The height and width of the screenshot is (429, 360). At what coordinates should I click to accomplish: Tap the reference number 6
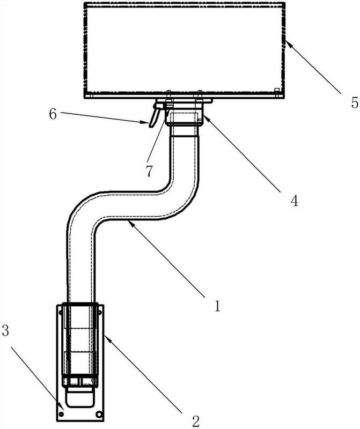(53, 114)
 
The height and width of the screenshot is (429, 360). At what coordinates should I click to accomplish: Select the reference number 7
(149, 171)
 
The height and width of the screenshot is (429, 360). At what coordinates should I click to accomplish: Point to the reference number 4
(295, 201)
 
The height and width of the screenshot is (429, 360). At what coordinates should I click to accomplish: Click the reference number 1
(217, 306)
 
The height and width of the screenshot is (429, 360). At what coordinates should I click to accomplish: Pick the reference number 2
(196, 421)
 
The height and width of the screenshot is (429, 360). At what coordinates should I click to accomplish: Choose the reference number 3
(5, 330)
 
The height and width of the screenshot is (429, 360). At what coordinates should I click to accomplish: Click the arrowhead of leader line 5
(287, 43)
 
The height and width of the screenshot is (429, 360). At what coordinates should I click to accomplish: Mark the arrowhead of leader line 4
(206, 118)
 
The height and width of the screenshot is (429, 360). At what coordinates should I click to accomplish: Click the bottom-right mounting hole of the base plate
(99, 415)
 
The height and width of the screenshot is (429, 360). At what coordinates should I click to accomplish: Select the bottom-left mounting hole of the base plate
(61, 415)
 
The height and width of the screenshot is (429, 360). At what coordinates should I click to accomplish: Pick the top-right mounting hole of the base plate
(99, 312)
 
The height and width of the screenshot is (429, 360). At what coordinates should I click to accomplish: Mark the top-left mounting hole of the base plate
(61, 312)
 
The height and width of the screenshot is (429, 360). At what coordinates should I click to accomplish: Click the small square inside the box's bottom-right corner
(276, 90)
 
